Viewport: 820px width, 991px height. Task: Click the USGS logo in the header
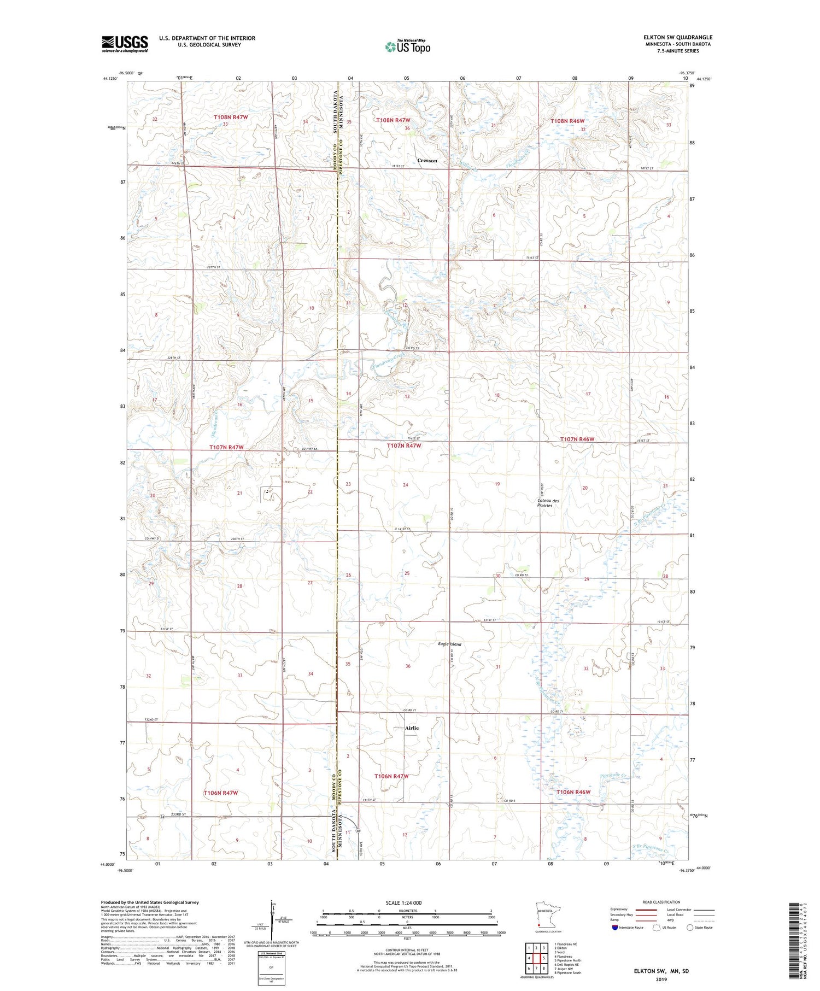pos(125,44)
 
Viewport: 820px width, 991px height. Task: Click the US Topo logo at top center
pos(408,46)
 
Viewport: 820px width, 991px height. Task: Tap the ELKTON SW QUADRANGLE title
pos(678,37)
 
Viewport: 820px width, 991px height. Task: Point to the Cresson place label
pos(427,161)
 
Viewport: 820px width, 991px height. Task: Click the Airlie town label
pos(412,728)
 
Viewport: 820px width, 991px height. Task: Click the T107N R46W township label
pos(577,439)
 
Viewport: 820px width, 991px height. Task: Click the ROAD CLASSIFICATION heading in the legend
pos(661,902)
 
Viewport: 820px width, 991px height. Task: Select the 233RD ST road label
pos(177,814)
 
